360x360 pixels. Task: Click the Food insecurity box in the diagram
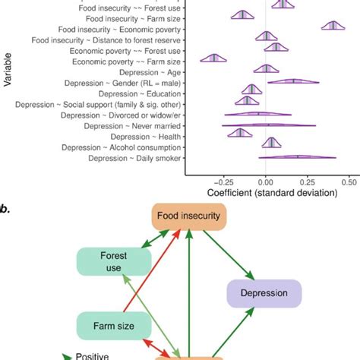click(x=188, y=216)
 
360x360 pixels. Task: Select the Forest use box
click(x=108, y=262)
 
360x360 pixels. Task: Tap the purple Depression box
click(x=264, y=293)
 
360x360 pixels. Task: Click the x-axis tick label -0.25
click(x=223, y=182)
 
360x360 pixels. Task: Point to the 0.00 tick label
click(x=266, y=182)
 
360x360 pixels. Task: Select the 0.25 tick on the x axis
click(x=307, y=182)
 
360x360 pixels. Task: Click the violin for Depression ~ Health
click(x=240, y=134)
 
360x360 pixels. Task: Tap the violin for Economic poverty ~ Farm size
click(x=213, y=58)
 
